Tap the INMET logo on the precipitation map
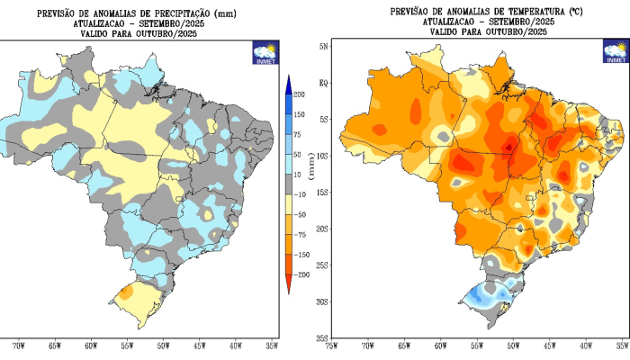point(265,51)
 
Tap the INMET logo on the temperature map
point(616,52)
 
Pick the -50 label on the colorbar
point(299,213)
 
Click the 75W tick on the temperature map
point(331,345)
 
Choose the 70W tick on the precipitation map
point(18,345)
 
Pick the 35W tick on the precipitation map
point(271,345)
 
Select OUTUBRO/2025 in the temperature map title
point(517,31)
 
